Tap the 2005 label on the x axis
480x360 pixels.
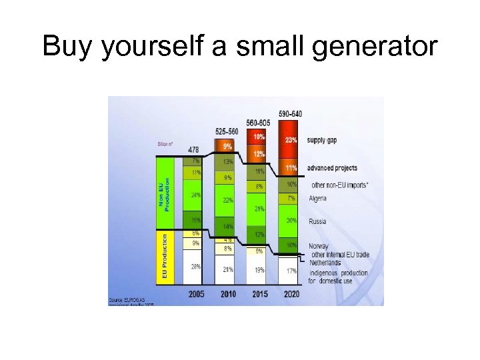point(196,294)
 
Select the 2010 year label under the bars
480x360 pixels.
point(228,294)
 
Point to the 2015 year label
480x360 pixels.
point(259,294)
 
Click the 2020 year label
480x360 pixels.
point(291,294)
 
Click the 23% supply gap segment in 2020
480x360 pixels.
point(291,141)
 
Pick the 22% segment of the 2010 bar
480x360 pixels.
point(228,200)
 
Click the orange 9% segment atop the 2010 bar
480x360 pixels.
point(228,146)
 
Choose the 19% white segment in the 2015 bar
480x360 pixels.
point(259,270)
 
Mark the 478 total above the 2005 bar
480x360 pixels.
point(193,149)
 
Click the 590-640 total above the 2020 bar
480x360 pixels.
point(290,113)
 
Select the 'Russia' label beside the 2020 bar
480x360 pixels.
point(317,221)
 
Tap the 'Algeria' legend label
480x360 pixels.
point(318,199)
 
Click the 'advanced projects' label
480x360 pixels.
point(332,168)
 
